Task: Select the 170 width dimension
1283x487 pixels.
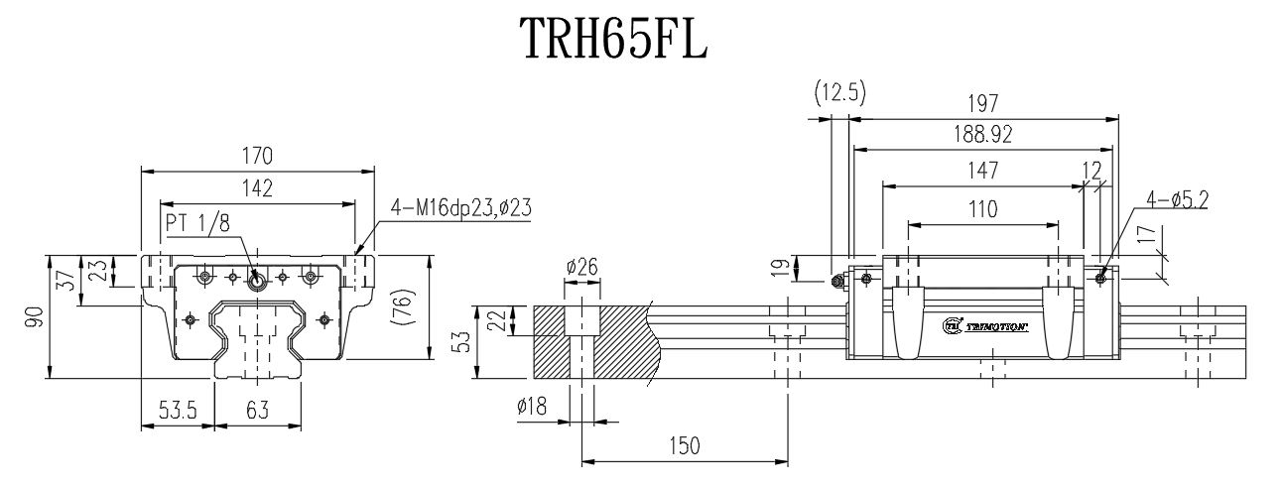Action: tap(257, 156)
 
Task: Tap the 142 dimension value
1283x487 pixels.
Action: tap(257, 188)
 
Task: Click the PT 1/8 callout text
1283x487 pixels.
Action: tap(197, 224)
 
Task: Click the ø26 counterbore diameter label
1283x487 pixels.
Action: tap(581, 265)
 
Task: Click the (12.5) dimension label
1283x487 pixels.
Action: tap(839, 93)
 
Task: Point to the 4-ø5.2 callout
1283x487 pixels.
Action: tap(1177, 200)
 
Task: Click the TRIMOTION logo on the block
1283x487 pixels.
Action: tap(982, 324)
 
